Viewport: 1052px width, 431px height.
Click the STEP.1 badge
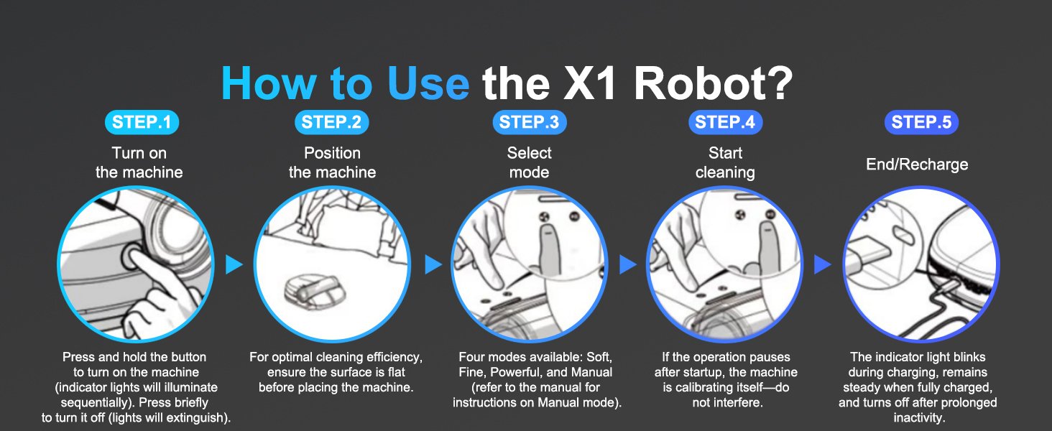142,123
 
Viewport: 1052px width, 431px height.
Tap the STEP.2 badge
331,123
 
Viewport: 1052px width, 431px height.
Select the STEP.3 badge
530,123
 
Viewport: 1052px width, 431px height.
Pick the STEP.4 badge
725,123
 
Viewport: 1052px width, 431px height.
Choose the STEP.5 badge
921,123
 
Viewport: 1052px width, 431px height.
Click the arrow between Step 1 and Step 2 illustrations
234,264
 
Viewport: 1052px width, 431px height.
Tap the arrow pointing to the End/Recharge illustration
822,264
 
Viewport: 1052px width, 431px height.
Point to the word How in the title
269,83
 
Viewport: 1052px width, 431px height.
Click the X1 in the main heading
589,83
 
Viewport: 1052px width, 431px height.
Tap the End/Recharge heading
917,164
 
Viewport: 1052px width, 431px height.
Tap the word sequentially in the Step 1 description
95,403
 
